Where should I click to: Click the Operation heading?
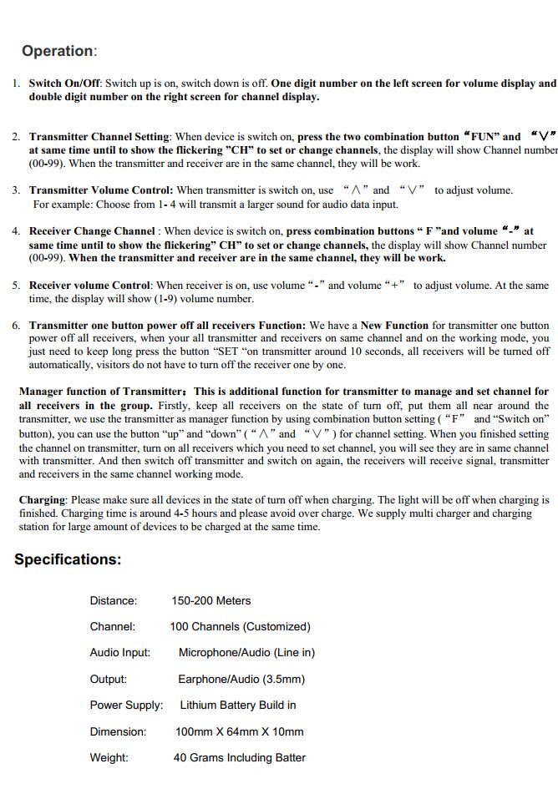[58, 51]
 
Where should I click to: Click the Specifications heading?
[68, 559]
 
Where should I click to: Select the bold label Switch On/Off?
[65, 83]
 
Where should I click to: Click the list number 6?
[17, 326]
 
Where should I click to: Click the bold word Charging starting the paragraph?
[42, 500]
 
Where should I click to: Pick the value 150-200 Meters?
[211, 600]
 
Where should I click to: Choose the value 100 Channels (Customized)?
[240, 626]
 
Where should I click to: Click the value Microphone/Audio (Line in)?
[246, 652]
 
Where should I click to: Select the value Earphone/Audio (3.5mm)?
[241, 679]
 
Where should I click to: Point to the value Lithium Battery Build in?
[238, 705]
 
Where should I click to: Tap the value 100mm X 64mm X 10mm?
[240, 731]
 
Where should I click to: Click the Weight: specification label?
[109, 757]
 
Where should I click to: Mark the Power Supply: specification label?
[126, 705]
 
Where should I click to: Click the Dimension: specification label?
[118, 731]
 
